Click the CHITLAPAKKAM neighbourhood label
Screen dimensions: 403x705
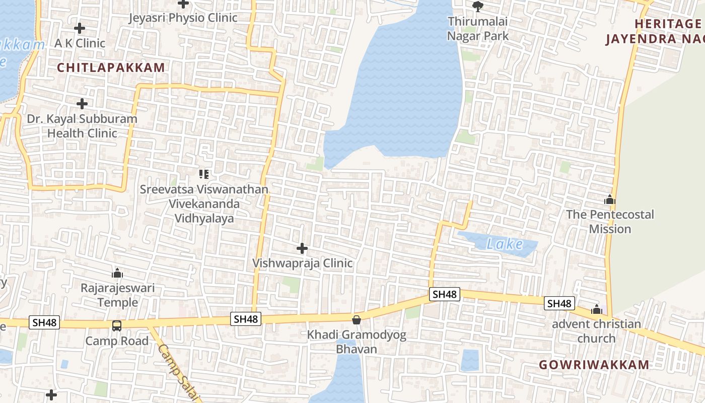(x=111, y=68)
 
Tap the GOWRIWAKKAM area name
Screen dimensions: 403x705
(x=594, y=365)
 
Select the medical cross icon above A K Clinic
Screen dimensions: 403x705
(x=79, y=29)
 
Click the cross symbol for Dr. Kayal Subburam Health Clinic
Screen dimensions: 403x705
(x=82, y=104)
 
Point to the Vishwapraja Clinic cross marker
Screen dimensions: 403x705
(x=302, y=248)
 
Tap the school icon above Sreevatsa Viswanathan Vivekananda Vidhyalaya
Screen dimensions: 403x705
(x=204, y=174)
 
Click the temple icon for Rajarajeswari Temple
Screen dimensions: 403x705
(x=117, y=274)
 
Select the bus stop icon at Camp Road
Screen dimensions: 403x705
(x=117, y=326)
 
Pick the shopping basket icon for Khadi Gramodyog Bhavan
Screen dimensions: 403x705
(x=357, y=320)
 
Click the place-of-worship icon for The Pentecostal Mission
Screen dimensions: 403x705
(x=610, y=199)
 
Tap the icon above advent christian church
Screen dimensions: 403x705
(x=597, y=309)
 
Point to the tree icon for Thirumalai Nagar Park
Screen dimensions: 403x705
(x=477, y=7)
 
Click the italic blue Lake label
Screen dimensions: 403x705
(x=505, y=244)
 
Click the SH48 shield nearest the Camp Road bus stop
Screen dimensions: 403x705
(x=44, y=322)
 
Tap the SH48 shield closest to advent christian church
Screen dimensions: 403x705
(x=559, y=303)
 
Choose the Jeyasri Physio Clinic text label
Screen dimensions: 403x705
(x=183, y=18)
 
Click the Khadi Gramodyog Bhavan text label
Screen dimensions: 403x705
(x=357, y=342)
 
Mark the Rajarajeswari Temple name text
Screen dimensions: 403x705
(x=118, y=295)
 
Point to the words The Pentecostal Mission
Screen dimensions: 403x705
(x=610, y=222)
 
